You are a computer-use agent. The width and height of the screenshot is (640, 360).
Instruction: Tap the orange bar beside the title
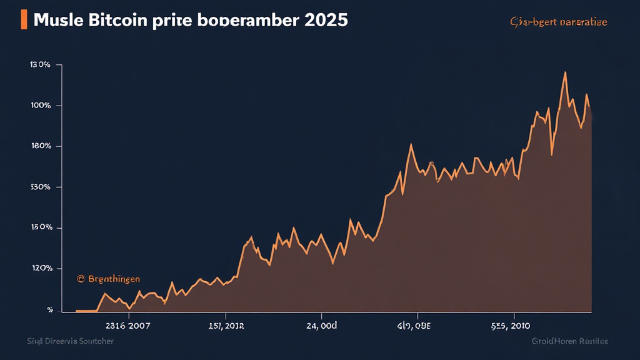click(24, 19)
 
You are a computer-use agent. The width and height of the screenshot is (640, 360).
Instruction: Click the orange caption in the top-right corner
click(558, 22)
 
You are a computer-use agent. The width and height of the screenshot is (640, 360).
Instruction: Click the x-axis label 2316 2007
click(128, 326)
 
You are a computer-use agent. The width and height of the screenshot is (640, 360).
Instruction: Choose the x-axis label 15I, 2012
click(226, 326)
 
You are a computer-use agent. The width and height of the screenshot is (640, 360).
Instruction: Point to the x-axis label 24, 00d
click(321, 326)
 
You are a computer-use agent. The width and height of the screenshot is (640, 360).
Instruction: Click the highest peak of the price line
click(565, 72)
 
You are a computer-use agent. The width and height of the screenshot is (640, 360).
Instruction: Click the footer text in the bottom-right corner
click(569, 342)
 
